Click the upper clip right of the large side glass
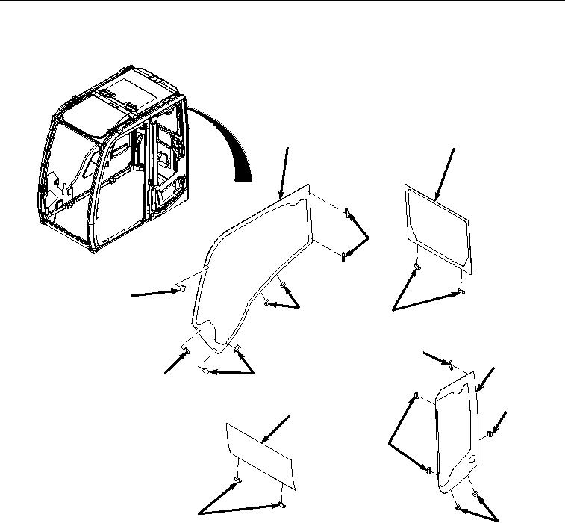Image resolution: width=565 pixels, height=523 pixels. coord(348,215)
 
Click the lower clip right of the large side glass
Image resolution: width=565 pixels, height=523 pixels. coord(343,258)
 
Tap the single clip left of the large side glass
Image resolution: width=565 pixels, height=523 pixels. coord(179,288)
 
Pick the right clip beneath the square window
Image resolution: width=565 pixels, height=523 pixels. coord(461,292)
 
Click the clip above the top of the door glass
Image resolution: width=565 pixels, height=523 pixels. coord(451,364)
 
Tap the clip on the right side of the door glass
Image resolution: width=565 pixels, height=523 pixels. coord(489,433)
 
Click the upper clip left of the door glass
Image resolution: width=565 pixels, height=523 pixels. coord(414,394)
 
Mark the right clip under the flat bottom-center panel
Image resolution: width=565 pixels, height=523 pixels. coord(280,504)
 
